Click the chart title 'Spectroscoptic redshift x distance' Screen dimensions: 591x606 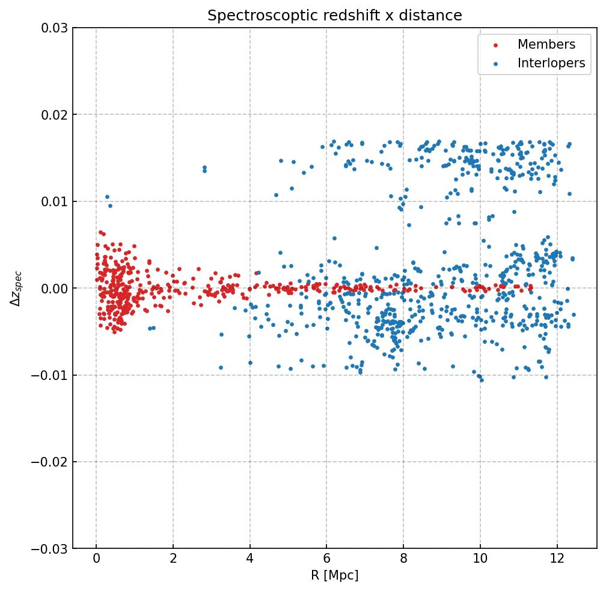335,16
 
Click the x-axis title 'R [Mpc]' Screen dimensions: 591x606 335,575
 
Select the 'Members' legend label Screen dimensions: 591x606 546,44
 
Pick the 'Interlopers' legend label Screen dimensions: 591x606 551,63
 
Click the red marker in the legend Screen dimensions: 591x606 495,45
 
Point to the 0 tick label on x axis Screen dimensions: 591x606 96,560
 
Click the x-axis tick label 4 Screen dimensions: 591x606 249,560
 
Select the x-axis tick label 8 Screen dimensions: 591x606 403,560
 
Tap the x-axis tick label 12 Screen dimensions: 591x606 557,560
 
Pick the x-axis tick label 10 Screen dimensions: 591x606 480,560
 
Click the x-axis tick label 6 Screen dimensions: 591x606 326,560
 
